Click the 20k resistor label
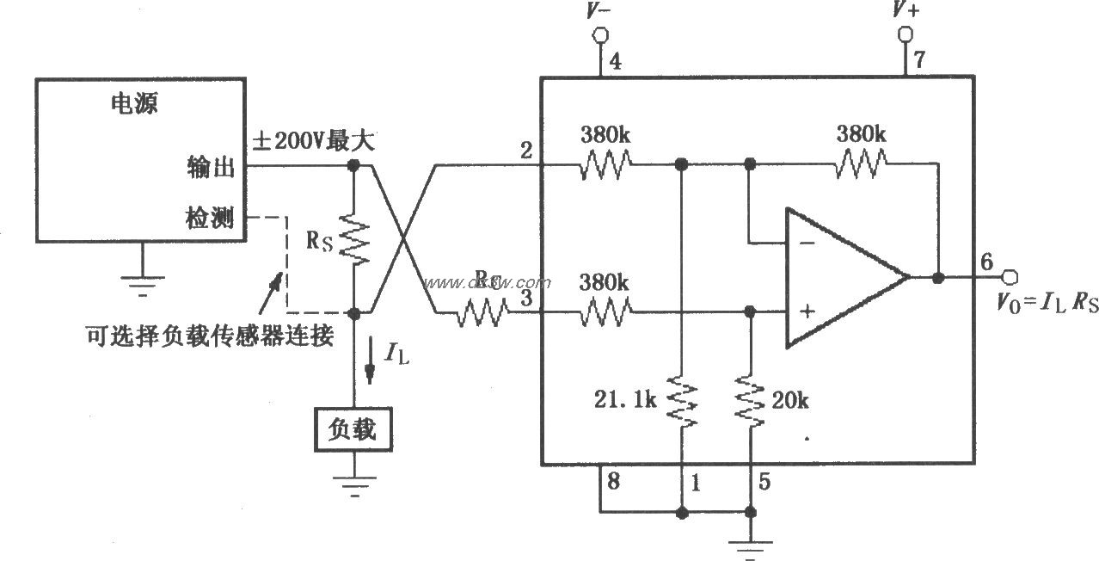(x=790, y=401)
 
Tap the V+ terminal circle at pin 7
(x=904, y=34)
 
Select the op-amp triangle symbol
(x=838, y=277)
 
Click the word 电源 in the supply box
(x=135, y=105)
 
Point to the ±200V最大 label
(x=312, y=141)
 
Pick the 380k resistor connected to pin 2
(x=606, y=163)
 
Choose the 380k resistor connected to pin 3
(x=606, y=312)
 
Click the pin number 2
(x=526, y=148)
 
